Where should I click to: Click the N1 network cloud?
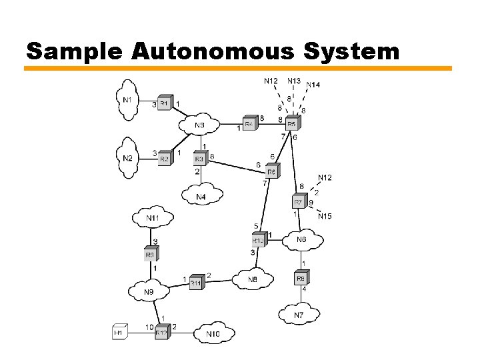pyautogui.click(x=126, y=100)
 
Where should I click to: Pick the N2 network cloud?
pyautogui.click(x=127, y=158)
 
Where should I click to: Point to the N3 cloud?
pyautogui.click(x=200, y=125)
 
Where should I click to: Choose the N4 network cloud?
pyautogui.click(x=201, y=197)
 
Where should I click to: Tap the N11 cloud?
pyautogui.click(x=153, y=217)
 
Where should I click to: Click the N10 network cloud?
pyautogui.click(x=213, y=333)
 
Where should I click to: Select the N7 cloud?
pyautogui.click(x=298, y=313)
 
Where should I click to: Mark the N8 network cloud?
pyautogui.click(x=252, y=279)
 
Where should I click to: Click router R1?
pyautogui.click(x=165, y=104)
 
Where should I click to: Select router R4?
pyautogui.click(x=249, y=123)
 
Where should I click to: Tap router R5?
pyautogui.click(x=292, y=123)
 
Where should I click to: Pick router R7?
pyautogui.click(x=299, y=201)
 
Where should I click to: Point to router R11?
pyautogui.click(x=196, y=283)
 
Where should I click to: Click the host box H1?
pyautogui.click(x=119, y=331)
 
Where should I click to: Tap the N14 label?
pyautogui.click(x=313, y=85)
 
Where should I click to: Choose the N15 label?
pyautogui.click(x=325, y=216)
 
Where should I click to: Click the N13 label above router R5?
pyautogui.click(x=293, y=81)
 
